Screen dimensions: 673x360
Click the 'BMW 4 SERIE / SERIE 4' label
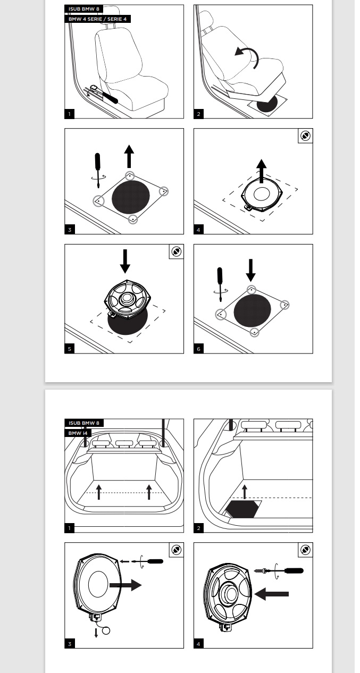pyautogui.click(x=98, y=19)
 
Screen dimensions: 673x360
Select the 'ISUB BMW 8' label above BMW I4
pyautogui.click(x=84, y=423)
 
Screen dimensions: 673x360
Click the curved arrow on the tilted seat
pyautogui.click(x=248, y=56)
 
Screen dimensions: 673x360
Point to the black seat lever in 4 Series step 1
pyautogui.click(x=112, y=98)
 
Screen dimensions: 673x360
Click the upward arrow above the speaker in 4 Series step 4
pyautogui.click(x=261, y=170)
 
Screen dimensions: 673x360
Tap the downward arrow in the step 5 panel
pyautogui.click(x=124, y=260)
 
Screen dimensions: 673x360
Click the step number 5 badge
pyautogui.click(x=70, y=349)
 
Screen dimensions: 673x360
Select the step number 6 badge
pyautogui.click(x=199, y=349)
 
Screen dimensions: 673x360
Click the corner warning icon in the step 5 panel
pyautogui.click(x=177, y=251)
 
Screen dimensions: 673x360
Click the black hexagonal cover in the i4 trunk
pyautogui.click(x=243, y=509)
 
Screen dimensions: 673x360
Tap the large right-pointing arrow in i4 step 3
pyautogui.click(x=125, y=585)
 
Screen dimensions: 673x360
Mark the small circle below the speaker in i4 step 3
pyautogui.click(x=106, y=631)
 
